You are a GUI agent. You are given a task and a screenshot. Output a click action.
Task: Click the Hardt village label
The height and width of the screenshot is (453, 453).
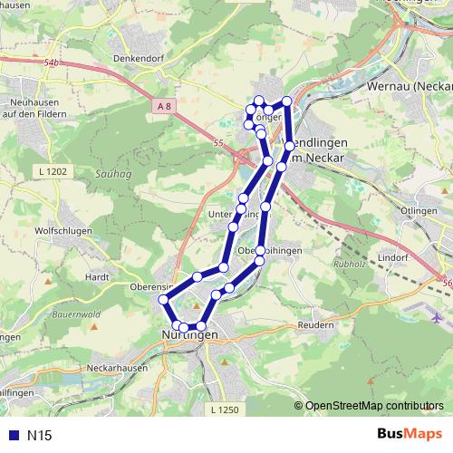tap(97, 276)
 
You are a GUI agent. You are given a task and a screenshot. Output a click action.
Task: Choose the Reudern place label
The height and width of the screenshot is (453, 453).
tap(316, 324)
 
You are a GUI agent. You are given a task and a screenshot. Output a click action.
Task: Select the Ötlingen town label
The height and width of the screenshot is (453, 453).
tap(417, 209)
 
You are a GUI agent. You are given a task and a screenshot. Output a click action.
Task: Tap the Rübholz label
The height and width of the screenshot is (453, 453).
tap(349, 265)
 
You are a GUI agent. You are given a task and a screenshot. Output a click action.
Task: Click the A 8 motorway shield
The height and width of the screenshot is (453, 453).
tap(163, 106)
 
